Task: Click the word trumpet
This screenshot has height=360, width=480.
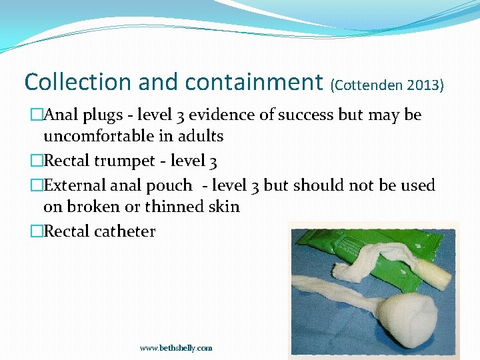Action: (x=129, y=161)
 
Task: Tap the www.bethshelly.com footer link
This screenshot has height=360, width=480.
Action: (x=176, y=348)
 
